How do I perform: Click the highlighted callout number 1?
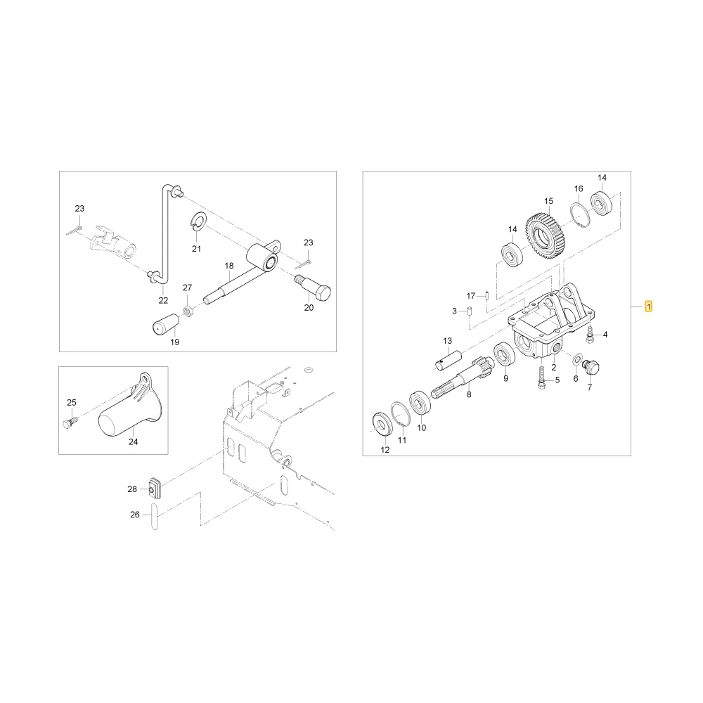click(x=648, y=307)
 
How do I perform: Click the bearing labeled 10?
click(x=420, y=403)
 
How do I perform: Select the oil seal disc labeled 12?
click(x=383, y=424)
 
